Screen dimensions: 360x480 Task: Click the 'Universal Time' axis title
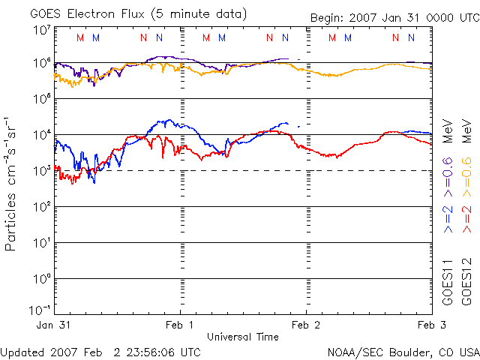242,337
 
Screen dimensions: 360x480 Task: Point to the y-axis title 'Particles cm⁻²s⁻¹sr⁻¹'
13,183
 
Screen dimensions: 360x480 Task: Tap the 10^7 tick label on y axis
40,31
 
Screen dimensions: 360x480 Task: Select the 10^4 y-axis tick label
40,135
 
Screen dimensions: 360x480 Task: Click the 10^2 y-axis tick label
40,207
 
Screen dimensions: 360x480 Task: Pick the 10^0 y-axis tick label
40,279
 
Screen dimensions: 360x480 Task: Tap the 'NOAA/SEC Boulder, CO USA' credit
403,351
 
